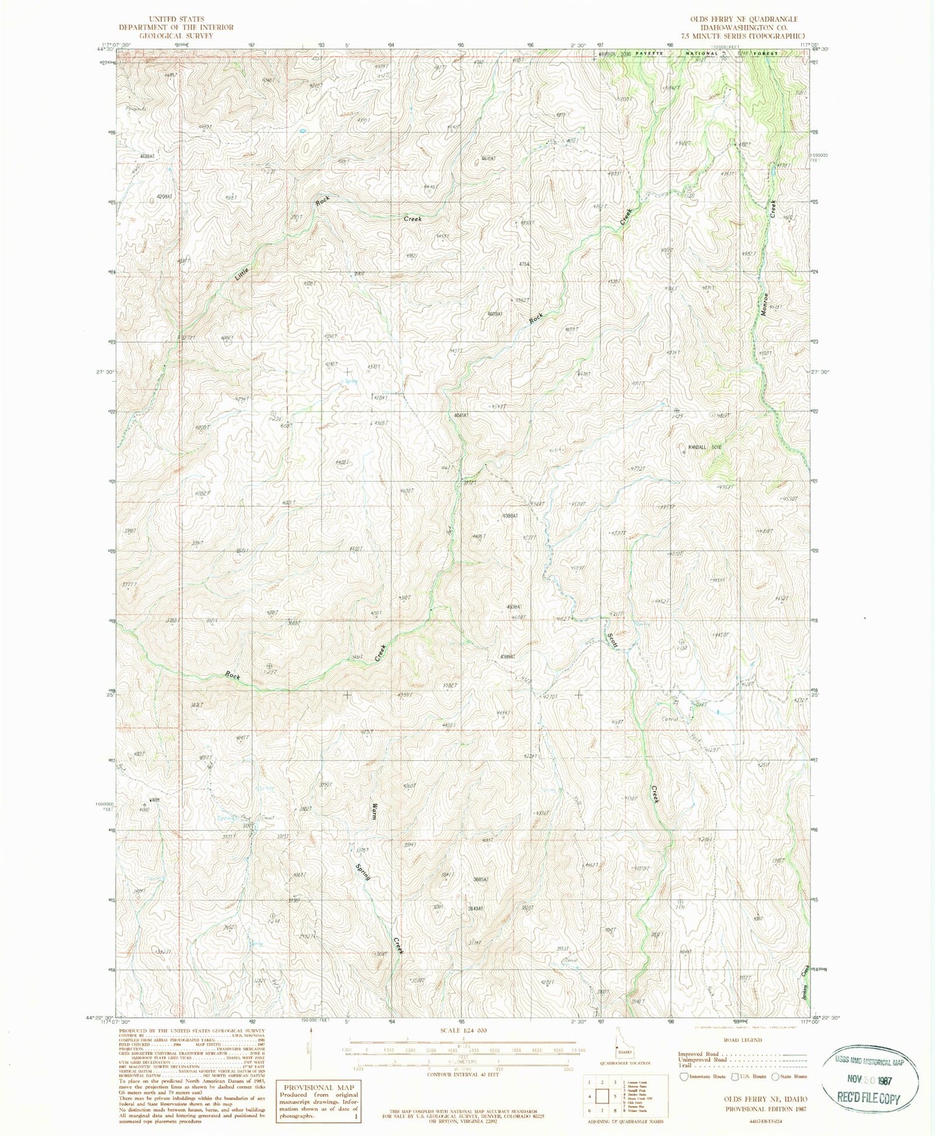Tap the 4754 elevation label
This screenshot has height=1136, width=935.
pyautogui.click(x=525, y=265)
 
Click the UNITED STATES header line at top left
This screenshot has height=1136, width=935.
pyautogui.click(x=176, y=19)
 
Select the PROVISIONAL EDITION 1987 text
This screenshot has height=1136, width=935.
pyautogui.click(x=766, y=1109)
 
